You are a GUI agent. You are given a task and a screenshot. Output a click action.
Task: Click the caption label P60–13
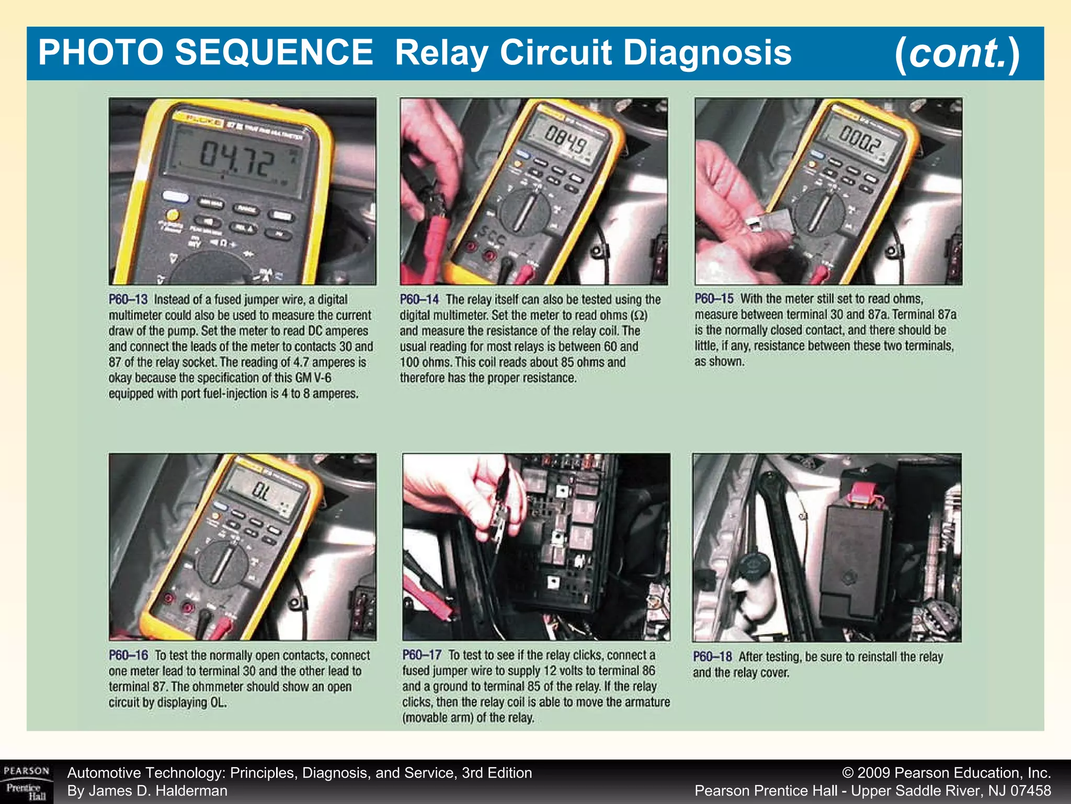[128, 299]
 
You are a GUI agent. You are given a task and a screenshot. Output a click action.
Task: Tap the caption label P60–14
[419, 299]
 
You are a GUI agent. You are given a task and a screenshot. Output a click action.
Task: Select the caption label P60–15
[714, 298]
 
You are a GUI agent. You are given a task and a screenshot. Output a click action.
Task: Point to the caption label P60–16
[128, 655]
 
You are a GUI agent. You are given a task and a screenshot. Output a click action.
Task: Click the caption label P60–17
[421, 655]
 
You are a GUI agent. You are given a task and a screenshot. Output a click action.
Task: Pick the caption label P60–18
[712, 656]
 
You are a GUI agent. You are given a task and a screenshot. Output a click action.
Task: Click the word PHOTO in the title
[100, 52]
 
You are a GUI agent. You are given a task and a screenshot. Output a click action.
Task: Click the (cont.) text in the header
[956, 53]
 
